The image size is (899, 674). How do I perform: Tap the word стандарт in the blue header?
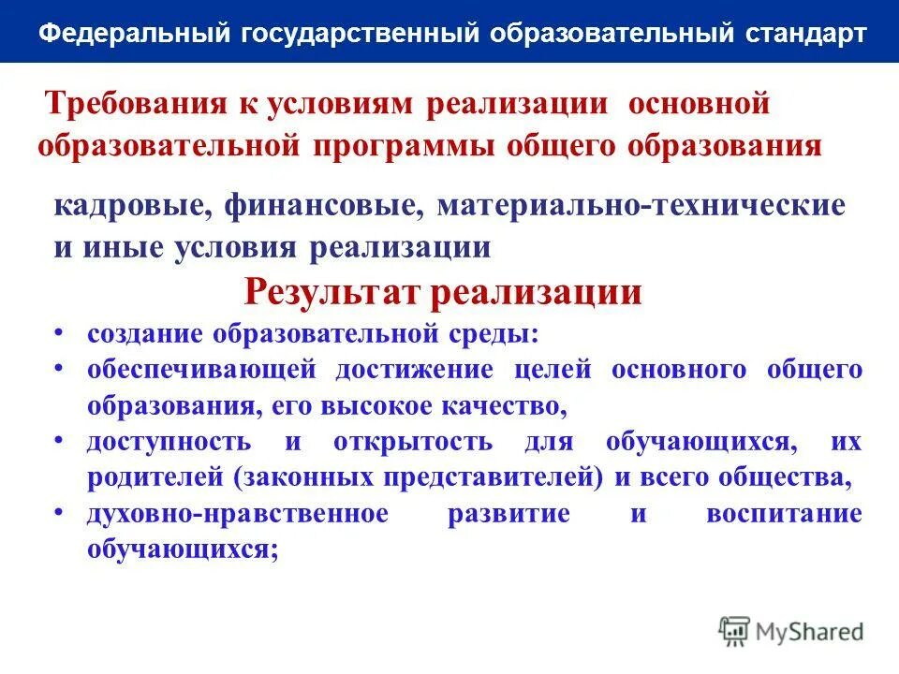[x=806, y=35]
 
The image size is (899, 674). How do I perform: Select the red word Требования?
[x=132, y=103]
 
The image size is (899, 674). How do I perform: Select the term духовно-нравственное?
[x=238, y=514]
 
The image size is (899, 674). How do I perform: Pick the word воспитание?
[x=785, y=514]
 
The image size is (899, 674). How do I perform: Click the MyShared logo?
[x=791, y=631]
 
